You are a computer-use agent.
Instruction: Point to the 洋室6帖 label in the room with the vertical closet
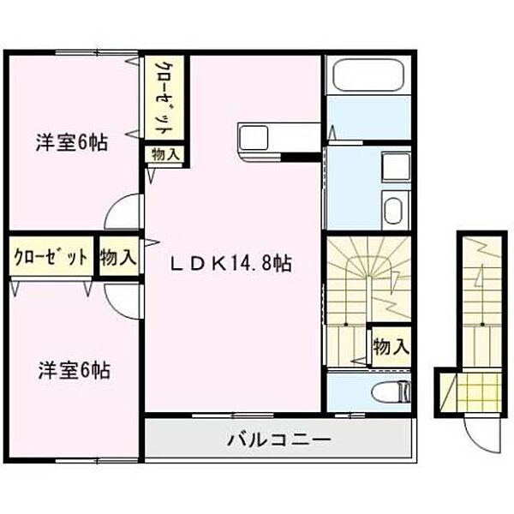coord(72,144)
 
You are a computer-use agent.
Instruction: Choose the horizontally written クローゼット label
coord(50,258)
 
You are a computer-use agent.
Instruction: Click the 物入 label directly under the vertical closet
coord(165,155)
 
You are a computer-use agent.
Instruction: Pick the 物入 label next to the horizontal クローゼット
coord(117,258)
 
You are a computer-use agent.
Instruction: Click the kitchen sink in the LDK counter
coord(255,135)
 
